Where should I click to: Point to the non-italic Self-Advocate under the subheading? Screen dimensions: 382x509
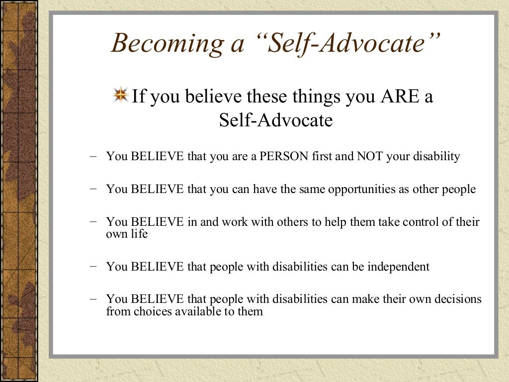pyautogui.click(x=275, y=120)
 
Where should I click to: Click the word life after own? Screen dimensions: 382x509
pyautogui.click(x=139, y=233)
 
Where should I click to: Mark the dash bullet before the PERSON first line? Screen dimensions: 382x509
pyautogui.click(x=94, y=156)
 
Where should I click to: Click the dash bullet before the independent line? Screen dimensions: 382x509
pyautogui.click(x=94, y=266)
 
